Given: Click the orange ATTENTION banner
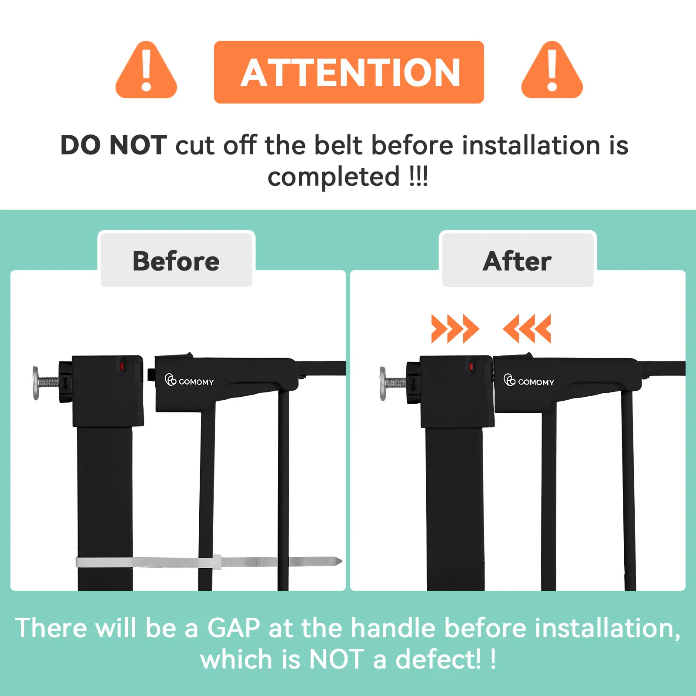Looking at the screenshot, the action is pyautogui.click(x=349, y=72).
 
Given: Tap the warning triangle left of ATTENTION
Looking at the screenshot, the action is pyautogui.click(x=146, y=70).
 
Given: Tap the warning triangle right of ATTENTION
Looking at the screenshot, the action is pyautogui.click(x=552, y=70).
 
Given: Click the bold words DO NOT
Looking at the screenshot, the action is pyautogui.click(x=114, y=145).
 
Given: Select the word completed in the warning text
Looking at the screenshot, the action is pyautogui.click(x=334, y=177).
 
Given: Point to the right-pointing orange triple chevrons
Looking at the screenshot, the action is pyautogui.click(x=455, y=329).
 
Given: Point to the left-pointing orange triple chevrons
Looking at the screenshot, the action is pyautogui.click(x=527, y=329).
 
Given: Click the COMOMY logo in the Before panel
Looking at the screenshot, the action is pyautogui.click(x=189, y=380).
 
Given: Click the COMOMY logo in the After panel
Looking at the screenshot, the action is pyautogui.click(x=529, y=380).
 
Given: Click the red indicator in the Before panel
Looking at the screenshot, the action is pyautogui.click(x=122, y=366).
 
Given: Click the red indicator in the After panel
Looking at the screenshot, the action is pyautogui.click(x=471, y=366).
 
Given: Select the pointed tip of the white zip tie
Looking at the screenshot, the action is pyautogui.click(x=341, y=561).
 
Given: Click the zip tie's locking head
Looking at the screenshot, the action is pyautogui.click(x=217, y=562).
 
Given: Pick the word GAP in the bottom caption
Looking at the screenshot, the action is pyautogui.click(x=234, y=628).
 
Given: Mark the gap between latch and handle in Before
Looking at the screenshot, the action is pyautogui.click(x=149, y=374).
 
